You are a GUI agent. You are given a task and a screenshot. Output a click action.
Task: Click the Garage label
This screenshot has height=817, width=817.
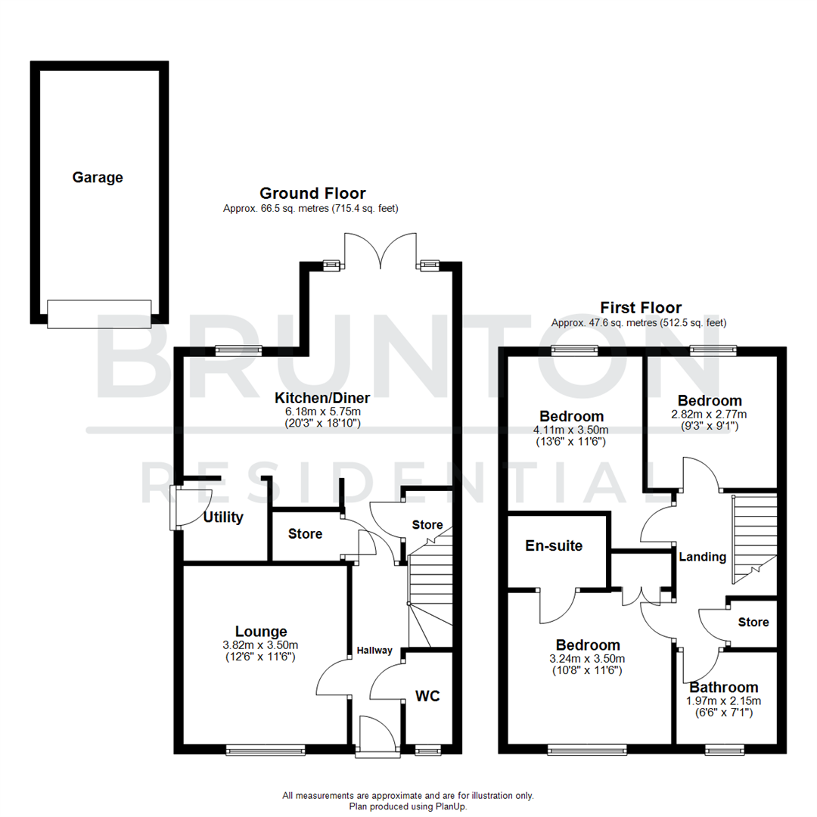[x=98, y=178]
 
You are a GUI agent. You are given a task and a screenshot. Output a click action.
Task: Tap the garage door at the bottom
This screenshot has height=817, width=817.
[x=99, y=313]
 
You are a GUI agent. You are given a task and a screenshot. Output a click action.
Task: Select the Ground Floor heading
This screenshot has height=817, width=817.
[x=312, y=194]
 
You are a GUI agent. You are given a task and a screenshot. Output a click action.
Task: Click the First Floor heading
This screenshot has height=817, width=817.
[x=641, y=308]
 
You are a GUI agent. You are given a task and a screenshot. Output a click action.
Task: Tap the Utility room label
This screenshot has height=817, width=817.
[x=223, y=517]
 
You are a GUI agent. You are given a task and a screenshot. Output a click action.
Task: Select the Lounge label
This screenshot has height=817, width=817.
[x=261, y=631]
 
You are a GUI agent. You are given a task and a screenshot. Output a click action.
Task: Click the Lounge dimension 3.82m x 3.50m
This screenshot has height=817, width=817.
[x=261, y=645]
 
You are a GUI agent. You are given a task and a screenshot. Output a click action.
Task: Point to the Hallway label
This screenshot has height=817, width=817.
[x=375, y=651]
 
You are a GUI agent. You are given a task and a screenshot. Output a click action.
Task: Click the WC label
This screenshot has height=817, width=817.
[x=427, y=695]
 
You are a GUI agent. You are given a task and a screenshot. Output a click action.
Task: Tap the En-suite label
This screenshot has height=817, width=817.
[x=554, y=545]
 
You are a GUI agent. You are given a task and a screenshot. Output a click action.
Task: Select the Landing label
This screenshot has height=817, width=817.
[x=702, y=557]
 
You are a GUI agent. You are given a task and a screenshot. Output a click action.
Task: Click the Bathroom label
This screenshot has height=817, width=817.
[x=723, y=688]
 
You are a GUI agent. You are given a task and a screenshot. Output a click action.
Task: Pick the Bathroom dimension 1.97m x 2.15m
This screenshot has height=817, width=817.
[x=723, y=701]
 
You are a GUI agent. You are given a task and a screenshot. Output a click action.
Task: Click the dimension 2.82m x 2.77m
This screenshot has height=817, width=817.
[x=710, y=414]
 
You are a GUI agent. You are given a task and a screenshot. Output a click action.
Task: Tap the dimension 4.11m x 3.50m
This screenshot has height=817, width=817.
[x=571, y=430]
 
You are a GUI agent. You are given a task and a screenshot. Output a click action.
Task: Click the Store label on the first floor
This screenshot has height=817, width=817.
[x=753, y=622]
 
